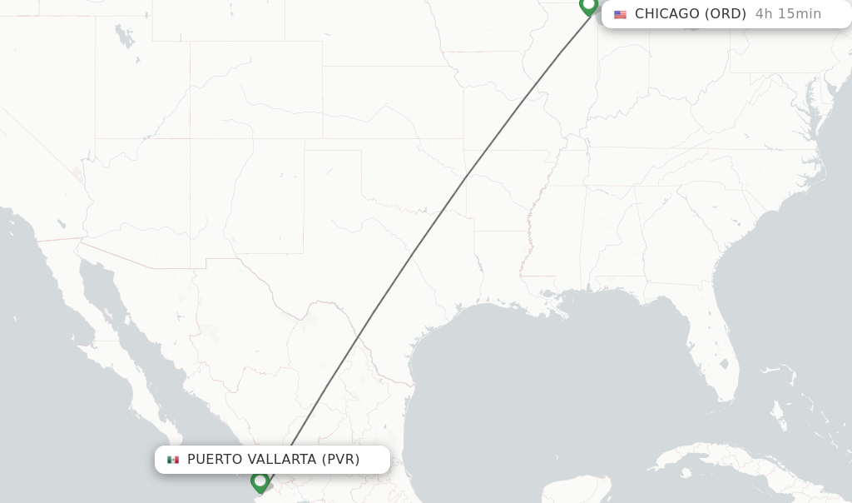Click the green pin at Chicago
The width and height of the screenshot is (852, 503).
[589, 7]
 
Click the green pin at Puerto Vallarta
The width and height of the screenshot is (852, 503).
[260, 481]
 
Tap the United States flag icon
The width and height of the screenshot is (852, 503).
[620, 14]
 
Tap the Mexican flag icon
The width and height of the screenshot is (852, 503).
[173, 460]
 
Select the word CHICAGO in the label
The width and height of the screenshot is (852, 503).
[667, 14]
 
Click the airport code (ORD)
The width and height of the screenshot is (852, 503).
[726, 14]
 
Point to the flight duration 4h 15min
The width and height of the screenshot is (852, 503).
[788, 14]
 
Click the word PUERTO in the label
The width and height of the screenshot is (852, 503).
[215, 460]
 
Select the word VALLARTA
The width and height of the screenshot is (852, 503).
[282, 460]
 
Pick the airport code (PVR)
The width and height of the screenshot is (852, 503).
[341, 460]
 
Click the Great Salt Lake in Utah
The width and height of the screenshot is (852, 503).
[126, 37]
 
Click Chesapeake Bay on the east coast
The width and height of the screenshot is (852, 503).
[808, 108]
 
